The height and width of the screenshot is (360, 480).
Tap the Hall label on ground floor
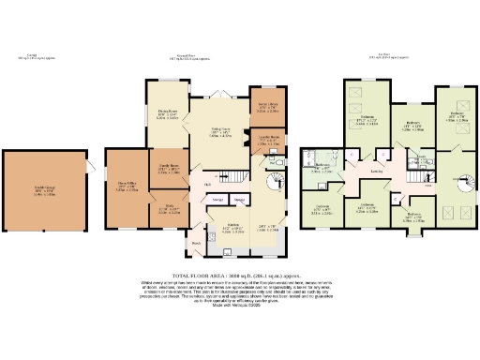click(x=206, y=185)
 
